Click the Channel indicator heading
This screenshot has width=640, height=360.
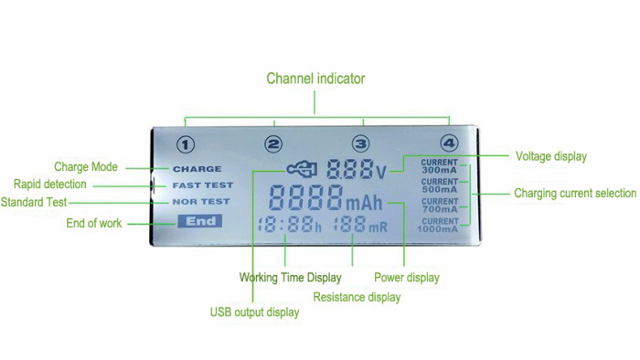click(x=315, y=79)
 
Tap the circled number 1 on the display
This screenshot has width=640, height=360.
click(x=187, y=144)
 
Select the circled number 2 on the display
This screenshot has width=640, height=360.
click(x=274, y=144)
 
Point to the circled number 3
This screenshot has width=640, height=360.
click(x=361, y=144)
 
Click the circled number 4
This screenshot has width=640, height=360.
click(x=448, y=144)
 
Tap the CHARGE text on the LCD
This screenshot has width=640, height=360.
click(x=197, y=169)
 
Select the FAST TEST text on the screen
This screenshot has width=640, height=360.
click(x=202, y=185)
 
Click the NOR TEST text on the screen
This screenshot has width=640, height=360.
click(x=200, y=201)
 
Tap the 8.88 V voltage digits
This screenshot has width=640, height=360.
click(x=350, y=169)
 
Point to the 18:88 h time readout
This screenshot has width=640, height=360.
click(x=288, y=225)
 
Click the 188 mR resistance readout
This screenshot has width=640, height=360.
click(x=359, y=225)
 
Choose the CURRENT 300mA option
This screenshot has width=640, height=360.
click(x=439, y=165)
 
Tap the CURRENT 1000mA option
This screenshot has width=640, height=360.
click(x=439, y=225)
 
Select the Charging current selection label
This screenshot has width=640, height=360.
click(x=574, y=194)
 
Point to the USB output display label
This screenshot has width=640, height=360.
click(x=254, y=312)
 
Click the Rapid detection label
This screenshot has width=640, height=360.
click(x=52, y=185)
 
